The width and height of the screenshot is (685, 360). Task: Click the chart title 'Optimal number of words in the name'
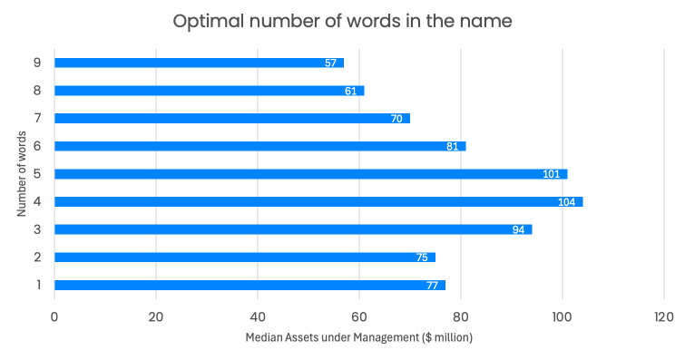[342, 21]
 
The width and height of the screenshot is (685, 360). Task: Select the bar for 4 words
[318, 201]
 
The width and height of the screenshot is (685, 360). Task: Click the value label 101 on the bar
[551, 174]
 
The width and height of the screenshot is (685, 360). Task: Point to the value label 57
[331, 63]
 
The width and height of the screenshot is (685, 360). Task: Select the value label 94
[518, 229]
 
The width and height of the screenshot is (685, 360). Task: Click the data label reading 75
[422, 258]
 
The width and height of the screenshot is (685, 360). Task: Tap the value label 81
[453, 146]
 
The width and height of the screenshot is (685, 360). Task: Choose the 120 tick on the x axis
[663, 316]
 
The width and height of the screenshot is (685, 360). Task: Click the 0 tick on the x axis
[54, 316]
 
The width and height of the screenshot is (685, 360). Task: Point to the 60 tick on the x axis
[359, 316]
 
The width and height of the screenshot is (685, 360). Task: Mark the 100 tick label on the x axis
[562, 316]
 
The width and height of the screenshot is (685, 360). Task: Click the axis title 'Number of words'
[20, 173]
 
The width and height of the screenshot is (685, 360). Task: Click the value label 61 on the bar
[351, 91]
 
